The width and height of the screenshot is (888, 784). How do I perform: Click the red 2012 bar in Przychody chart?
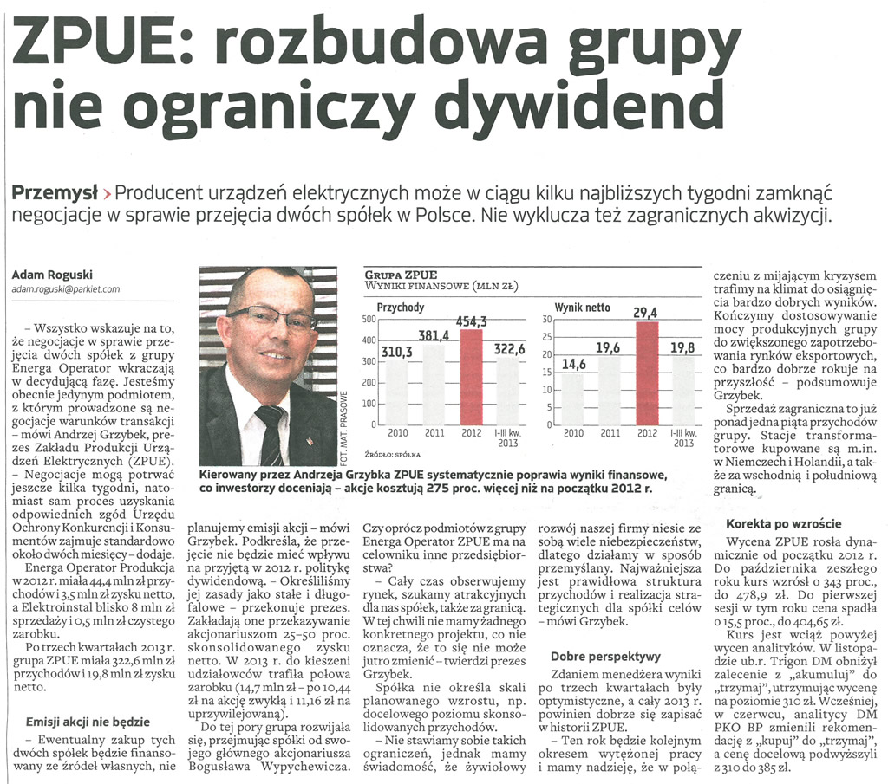coord(472,377)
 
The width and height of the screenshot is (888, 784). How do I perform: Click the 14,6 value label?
coord(574,365)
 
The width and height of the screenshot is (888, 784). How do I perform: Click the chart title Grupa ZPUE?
coord(402,275)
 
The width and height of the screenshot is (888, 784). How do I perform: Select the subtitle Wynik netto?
coord(582,308)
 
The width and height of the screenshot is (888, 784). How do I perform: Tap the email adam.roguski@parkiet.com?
coord(66,289)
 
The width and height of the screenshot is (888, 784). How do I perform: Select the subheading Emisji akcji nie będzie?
coord(88,721)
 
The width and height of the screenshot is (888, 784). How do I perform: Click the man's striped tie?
coord(271,435)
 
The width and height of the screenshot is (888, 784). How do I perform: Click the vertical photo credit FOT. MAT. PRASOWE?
coord(344,428)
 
